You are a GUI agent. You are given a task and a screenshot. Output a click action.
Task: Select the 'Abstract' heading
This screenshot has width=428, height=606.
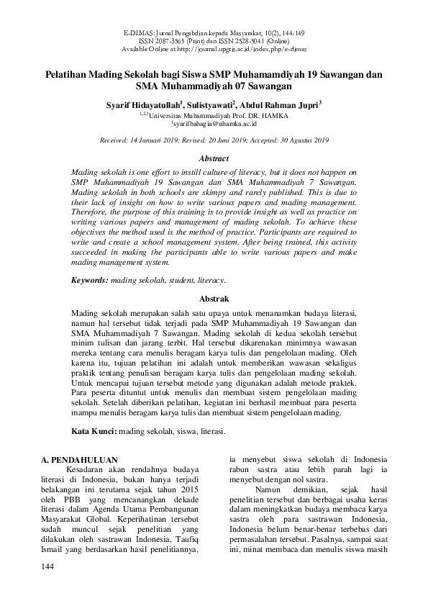coord(214,158)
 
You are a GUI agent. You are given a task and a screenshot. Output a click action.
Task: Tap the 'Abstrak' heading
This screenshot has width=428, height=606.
coord(214,298)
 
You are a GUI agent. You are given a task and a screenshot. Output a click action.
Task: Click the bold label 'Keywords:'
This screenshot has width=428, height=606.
coord(91,279)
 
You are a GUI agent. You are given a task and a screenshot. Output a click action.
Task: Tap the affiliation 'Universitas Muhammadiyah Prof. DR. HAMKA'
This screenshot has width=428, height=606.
coord(217,114)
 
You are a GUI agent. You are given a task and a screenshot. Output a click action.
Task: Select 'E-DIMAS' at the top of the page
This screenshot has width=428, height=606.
coord(140,33)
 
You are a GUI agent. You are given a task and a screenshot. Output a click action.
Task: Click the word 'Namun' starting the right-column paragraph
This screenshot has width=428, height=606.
coord(256,489)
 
